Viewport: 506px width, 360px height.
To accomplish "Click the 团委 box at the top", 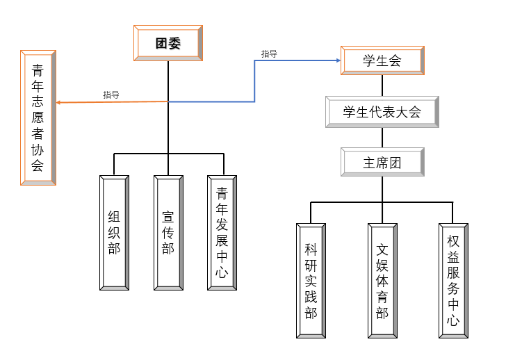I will coord(168,43).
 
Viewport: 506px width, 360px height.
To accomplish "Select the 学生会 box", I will coord(382,60).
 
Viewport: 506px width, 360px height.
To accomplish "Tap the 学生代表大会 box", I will coord(382,112).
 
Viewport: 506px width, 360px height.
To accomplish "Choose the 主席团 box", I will coord(382,163).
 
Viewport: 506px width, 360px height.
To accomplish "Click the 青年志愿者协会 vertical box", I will coord(38,117).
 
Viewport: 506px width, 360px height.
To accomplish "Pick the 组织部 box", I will coord(114,232).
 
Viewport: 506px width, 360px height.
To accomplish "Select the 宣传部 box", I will coord(168,232).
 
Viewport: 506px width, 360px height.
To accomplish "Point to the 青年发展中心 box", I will coord(222,232).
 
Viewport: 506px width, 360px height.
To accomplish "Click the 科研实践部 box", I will coord(311,281).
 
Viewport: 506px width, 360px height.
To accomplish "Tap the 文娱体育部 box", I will coord(382,281).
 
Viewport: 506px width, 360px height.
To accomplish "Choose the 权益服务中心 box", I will coord(453,281).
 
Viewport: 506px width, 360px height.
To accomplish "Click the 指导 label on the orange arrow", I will coord(111,95).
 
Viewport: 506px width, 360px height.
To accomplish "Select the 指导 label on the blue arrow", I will coord(269,54).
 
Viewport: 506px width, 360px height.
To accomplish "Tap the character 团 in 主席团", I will coord(395,163).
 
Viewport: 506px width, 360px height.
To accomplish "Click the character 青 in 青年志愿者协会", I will coord(38,69).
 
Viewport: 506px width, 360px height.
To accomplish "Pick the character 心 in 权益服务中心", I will coord(453,320).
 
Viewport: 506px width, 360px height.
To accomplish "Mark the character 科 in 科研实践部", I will coord(311,249).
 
